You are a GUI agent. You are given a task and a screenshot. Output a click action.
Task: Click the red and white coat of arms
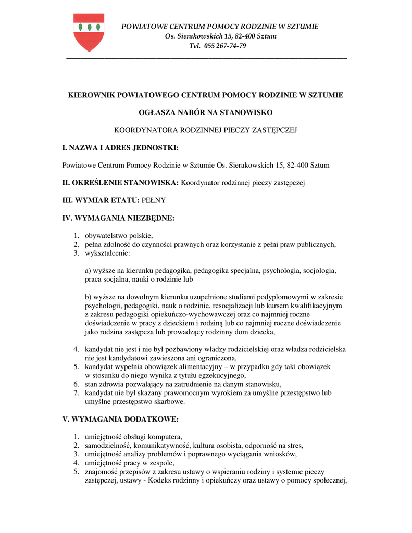(89, 32)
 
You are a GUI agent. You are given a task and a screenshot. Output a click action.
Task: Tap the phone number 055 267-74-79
(225, 46)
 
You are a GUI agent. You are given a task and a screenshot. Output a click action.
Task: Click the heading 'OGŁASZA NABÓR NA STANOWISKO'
(206, 112)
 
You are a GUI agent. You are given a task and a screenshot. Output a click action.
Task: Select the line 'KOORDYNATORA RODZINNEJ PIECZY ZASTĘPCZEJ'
(206, 130)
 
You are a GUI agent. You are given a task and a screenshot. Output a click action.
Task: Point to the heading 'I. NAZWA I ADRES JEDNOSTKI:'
(120, 148)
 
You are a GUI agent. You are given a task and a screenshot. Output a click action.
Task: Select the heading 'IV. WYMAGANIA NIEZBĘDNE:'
(118, 218)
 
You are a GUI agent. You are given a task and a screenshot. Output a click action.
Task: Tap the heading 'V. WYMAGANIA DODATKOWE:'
(120, 418)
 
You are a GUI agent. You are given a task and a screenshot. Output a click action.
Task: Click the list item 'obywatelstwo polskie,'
(119, 236)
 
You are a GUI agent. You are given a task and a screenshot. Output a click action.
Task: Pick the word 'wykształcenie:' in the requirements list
(107, 253)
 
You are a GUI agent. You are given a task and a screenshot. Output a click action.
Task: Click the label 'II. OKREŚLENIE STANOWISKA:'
(120, 183)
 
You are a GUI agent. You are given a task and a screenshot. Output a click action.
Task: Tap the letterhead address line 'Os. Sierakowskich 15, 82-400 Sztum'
(220, 36)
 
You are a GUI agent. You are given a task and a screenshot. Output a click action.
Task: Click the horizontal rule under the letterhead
(207, 59)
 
